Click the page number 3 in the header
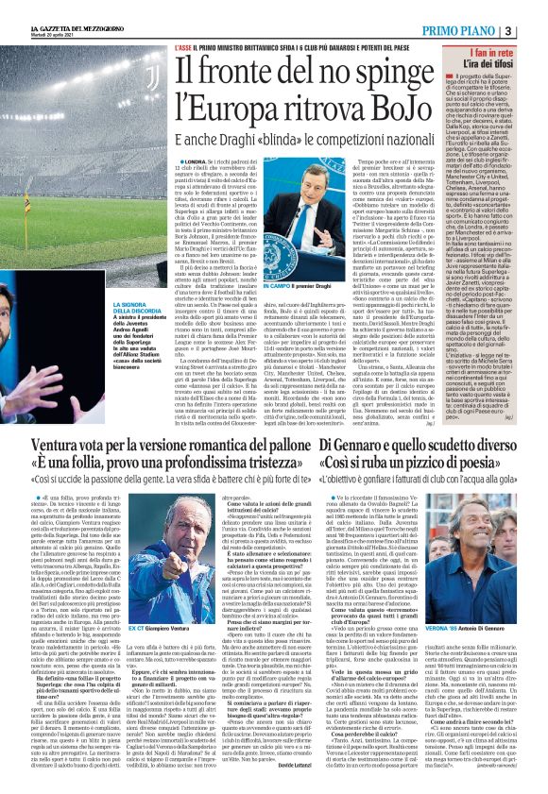click(535, 31)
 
